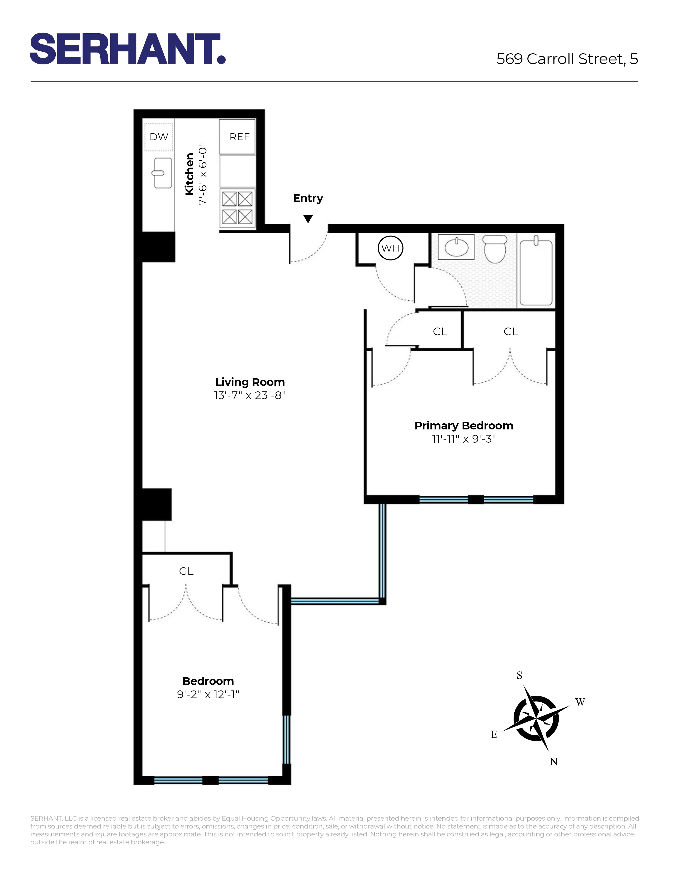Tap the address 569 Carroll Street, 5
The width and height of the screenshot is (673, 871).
click(x=567, y=59)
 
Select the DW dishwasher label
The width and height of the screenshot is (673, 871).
click(x=159, y=137)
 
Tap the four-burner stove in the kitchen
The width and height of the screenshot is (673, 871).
click(x=237, y=208)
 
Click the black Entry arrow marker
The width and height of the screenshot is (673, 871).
click(x=308, y=219)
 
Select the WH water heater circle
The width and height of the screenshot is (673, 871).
click(x=390, y=248)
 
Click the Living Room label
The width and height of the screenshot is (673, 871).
click(x=250, y=382)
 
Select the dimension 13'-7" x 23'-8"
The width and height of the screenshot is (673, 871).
click(x=250, y=395)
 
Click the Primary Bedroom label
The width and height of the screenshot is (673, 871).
click(x=464, y=425)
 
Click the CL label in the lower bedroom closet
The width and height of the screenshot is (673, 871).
click(x=186, y=571)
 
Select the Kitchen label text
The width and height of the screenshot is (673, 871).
click(x=189, y=174)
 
